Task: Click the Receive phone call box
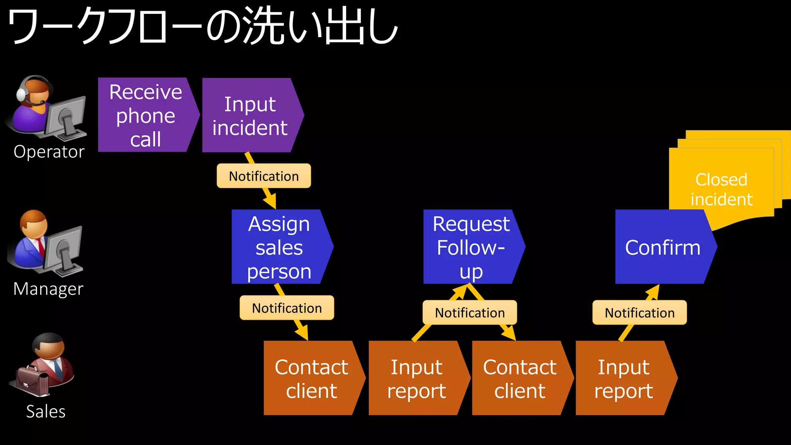point(146,115)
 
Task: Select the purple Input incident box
point(250,115)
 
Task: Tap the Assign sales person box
point(279,247)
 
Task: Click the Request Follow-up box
point(471,247)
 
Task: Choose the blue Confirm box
point(662,247)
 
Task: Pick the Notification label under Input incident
point(264,176)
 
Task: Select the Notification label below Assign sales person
point(287,308)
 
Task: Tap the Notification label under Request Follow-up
point(470,313)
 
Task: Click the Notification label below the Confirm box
point(640,313)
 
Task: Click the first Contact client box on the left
point(311,378)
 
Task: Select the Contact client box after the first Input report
point(519,378)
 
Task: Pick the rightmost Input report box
point(623,378)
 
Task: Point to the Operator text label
point(49,152)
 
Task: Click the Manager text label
point(48,289)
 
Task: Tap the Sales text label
point(46,411)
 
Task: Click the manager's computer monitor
point(64,248)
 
